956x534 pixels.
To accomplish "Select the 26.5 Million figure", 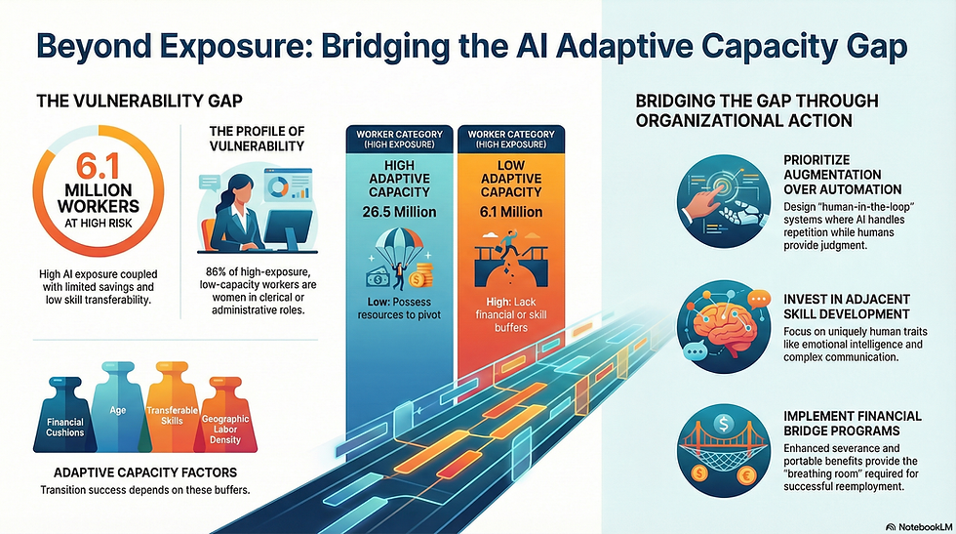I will [399, 213].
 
